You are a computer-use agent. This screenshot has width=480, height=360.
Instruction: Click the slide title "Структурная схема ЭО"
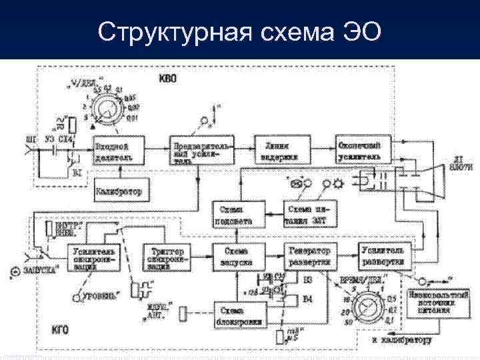(240, 31)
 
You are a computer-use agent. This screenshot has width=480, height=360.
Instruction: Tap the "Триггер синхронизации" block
(167, 257)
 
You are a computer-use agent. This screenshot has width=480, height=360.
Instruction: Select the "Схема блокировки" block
(239, 315)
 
